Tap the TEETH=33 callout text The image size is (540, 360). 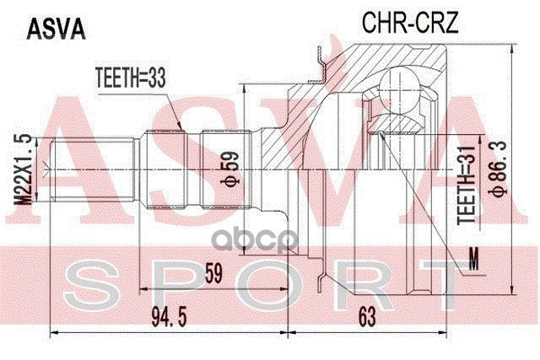[130, 79]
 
